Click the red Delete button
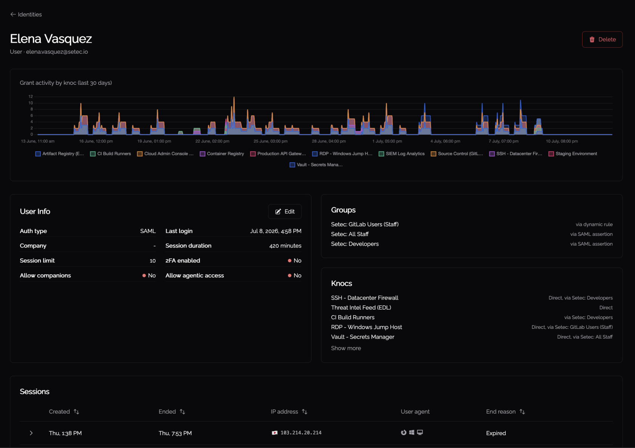[x=602, y=39]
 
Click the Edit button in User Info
[x=285, y=212]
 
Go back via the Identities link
[x=26, y=14]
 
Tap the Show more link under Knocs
[x=346, y=348]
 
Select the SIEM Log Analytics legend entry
[x=402, y=154]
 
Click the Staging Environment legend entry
[x=573, y=154]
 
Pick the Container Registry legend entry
[x=222, y=154]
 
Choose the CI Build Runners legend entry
[x=110, y=154]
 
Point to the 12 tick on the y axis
[x=31, y=96]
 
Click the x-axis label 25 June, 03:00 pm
[x=271, y=141]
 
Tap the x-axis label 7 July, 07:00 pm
[x=503, y=141]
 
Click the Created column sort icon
[x=76, y=412]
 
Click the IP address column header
[x=284, y=412]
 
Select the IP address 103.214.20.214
[x=301, y=433]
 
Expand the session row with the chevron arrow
[x=31, y=433]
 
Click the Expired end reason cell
[x=496, y=433]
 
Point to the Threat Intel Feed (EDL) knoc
[x=361, y=308]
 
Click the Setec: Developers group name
[x=355, y=244]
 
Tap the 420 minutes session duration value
[x=285, y=246]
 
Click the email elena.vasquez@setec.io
[x=57, y=52]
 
